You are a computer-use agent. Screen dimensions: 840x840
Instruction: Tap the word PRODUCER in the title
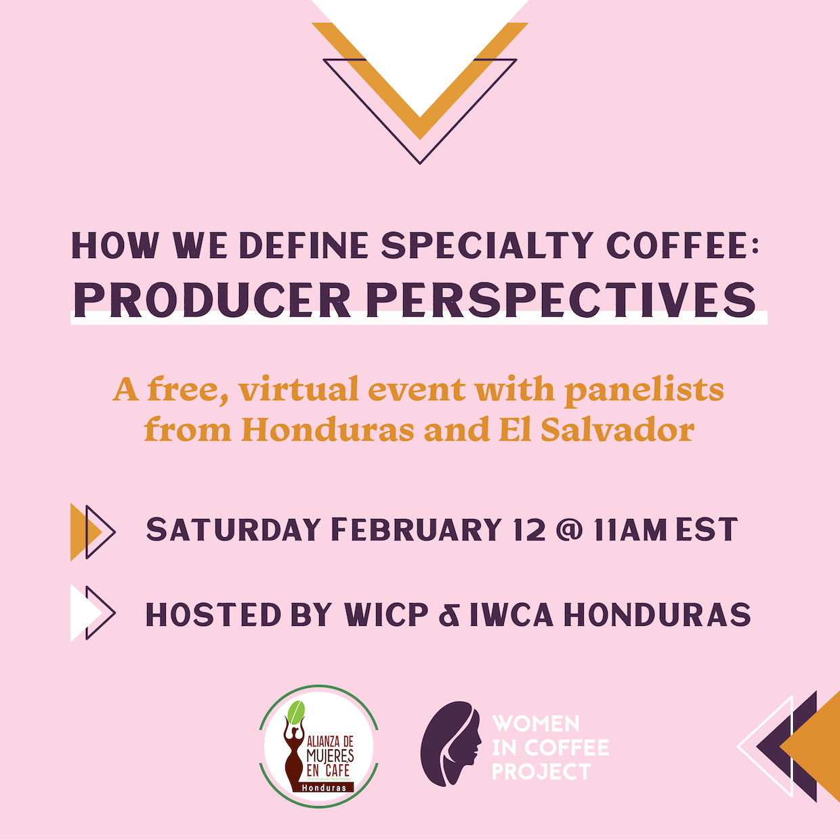pos(212,300)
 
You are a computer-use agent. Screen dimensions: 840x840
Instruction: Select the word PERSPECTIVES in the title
pos(561,300)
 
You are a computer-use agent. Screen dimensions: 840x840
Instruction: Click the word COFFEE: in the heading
pos(683,246)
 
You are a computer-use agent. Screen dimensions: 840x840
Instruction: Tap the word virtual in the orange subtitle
pos(299,389)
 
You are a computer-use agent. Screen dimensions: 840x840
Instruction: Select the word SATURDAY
pos(233,529)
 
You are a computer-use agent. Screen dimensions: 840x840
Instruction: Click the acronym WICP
pos(385,614)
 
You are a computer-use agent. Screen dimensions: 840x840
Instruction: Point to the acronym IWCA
pos(511,614)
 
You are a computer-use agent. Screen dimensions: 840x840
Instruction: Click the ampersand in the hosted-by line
pos(449,614)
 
